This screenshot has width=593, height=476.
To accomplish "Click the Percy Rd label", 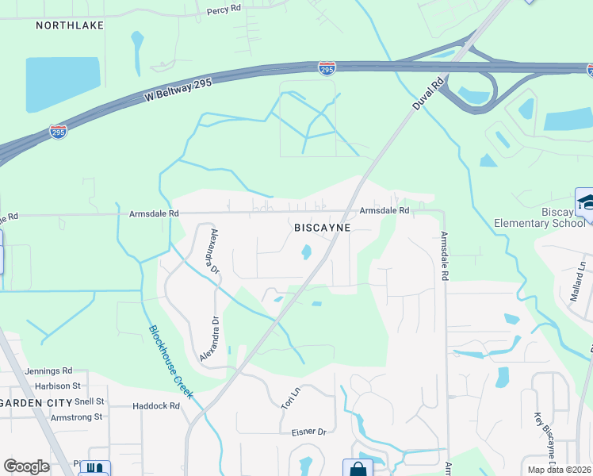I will pyautogui.click(x=223, y=11).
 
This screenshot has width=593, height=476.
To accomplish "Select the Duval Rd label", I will pyautogui.click(x=428, y=94).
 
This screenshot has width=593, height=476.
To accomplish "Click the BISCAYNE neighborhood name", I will pyautogui.click(x=322, y=227).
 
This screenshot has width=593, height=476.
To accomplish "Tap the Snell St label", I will pyautogui.click(x=89, y=401).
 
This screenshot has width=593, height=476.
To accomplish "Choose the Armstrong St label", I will pyautogui.click(x=76, y=416).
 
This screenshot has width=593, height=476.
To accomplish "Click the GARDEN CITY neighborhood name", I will pyautogui.click(x=35, y=402).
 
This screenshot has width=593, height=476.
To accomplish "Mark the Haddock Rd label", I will pyautogui.click(x=156, y=406).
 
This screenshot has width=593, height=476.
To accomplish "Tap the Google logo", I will pyautogui.click(x=26, y=466).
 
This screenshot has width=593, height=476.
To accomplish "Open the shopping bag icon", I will pyautogui.click(x=357, y=469).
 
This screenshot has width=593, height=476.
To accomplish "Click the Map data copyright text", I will pyautogui.click(x=559, y=470).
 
